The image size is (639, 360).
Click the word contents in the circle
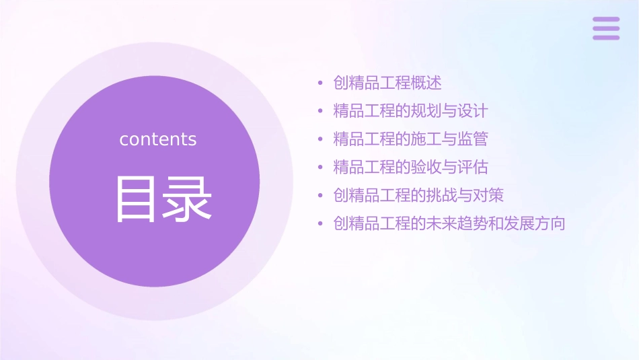tap(158, 139)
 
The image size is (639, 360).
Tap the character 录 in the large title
tap(186, 199)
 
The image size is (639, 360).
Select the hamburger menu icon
tap(606, 28)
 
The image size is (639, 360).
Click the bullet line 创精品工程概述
tap(387, 83)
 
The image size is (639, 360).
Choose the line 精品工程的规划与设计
tap(410, 111)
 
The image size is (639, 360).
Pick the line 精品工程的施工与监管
tap(410, 139)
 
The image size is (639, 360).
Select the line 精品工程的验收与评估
tap(410, 167)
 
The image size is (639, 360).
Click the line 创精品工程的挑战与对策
tap(418, 195)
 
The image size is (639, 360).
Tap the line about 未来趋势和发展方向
tap(449, 223)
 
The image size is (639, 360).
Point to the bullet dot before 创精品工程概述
tap(321, 83)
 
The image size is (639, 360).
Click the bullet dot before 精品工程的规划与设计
tap(321, 112)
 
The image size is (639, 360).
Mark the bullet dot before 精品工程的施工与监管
tap(321, 140)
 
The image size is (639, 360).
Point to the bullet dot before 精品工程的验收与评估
tap(321, 168)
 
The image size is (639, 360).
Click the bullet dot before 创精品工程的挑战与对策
tap(321, 196)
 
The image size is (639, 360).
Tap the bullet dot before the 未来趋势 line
tap(321, 224)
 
